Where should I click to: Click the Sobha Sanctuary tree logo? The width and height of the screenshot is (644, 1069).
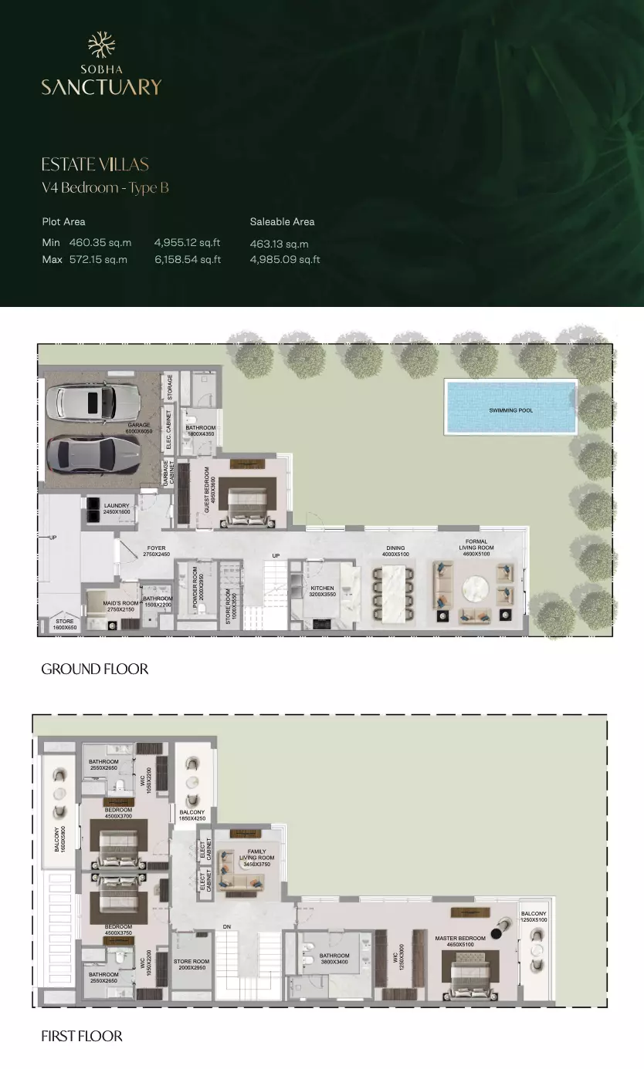click(x=101, y=45)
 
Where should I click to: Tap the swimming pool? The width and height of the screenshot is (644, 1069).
click(x=510, y=406)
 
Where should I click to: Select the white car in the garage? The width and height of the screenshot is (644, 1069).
click(x=92, y=401)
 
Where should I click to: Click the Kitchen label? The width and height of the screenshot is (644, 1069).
click(x=322, y=592)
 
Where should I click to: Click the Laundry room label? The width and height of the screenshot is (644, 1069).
click(x=117, y=508)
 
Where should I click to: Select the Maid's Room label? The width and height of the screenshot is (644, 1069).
click(x=120, y=606)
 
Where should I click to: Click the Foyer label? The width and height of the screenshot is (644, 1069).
click(x=156, y=551)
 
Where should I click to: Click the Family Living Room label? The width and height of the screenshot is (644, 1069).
click(x=257, y=858)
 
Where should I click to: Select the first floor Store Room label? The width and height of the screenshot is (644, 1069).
click(x=192, y=964)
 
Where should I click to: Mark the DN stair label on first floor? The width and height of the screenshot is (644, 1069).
click(x=227, y=926)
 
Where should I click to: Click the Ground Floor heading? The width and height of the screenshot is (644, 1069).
click(x=94, y=669)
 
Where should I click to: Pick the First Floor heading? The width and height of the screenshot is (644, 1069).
click(x=82, y=1036)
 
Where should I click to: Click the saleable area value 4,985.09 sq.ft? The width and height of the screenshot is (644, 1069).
click(x=285, y=260)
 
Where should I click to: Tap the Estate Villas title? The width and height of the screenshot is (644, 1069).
click(x=95, y=164)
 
